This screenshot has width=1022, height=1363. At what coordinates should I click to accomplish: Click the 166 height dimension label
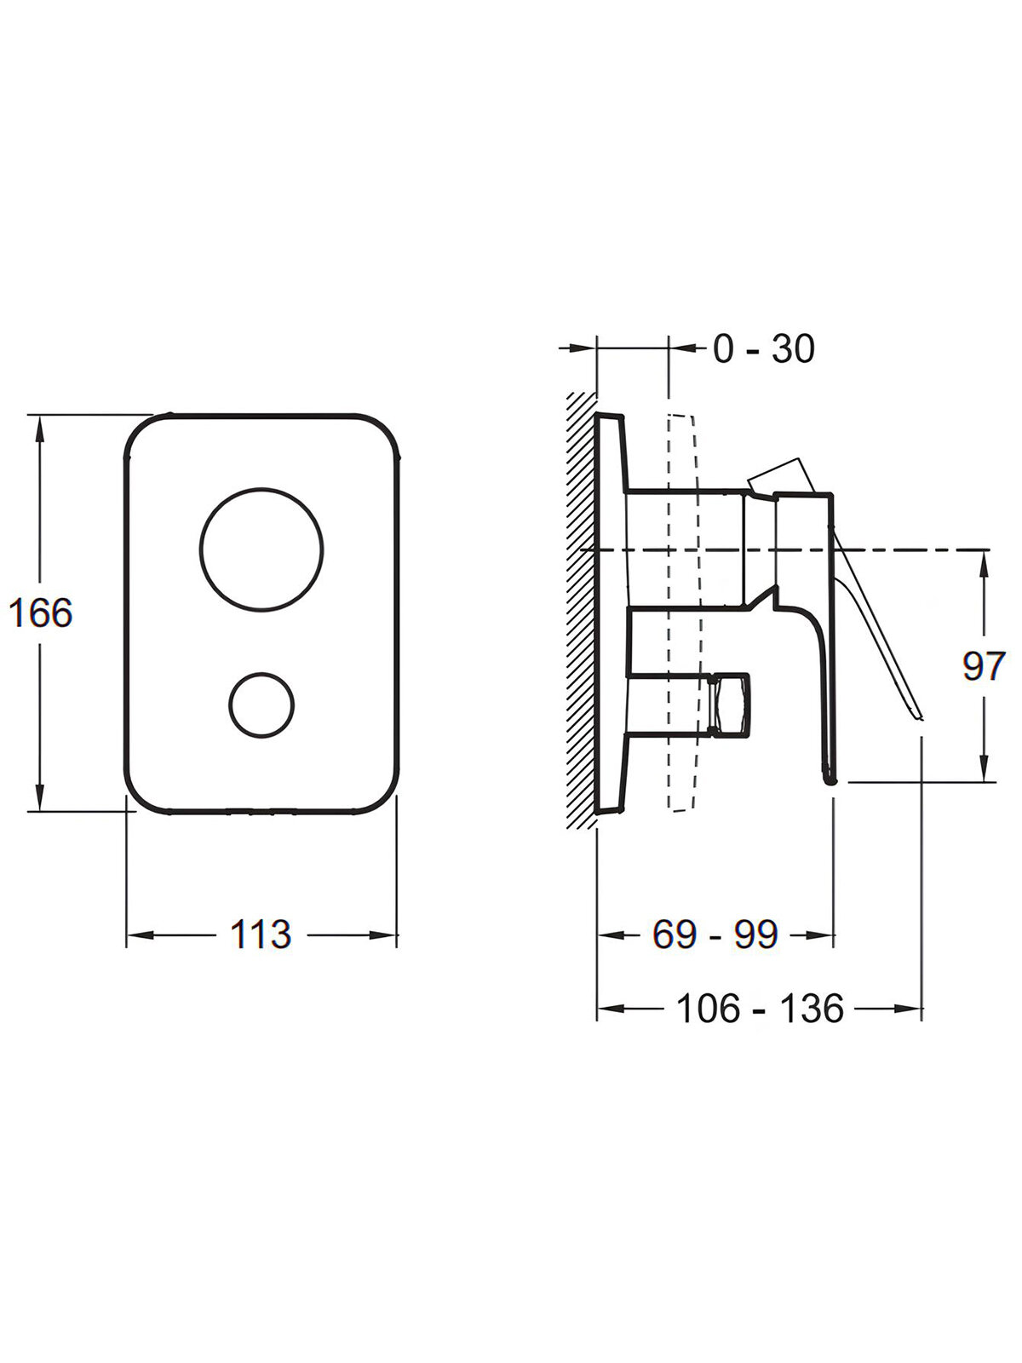(x=40, y=612)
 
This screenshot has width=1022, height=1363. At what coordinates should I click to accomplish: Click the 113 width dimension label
(x=261, y=935)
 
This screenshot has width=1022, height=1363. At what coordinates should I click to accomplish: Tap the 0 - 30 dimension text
(x=763, y=348)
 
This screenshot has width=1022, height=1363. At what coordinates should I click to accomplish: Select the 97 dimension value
(x=984, y=665)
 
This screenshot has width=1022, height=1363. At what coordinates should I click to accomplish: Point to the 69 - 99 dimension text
(x=715, y=935)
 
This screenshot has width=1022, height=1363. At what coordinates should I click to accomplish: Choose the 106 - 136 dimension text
(x=759, y=1009)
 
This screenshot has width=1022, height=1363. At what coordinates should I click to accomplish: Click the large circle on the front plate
(x=261, y=549)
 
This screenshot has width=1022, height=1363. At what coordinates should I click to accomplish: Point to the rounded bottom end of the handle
(x=830, y=777)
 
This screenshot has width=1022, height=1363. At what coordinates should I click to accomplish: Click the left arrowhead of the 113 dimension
(x=136, y=935)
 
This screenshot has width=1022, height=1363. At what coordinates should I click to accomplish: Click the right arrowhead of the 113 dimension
(x=388, y=935)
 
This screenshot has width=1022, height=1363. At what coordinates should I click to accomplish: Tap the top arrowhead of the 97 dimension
(x=985, y=561)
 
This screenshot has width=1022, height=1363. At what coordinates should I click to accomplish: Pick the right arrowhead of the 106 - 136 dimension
(x=913, y=1009)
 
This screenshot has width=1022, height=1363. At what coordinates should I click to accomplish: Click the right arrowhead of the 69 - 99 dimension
(x=824, y=935)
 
